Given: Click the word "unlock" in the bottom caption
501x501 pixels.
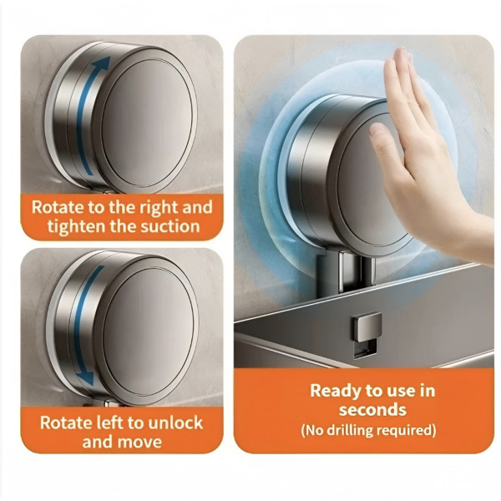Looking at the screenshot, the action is (x=175, y=423).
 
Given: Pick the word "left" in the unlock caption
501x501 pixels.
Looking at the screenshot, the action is (x=106, y=423).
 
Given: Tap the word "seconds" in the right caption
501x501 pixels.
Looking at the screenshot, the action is (x=372, y=410).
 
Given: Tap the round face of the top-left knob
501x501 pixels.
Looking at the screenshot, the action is (x=147, y=123).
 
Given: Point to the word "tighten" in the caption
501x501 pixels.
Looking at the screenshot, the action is (x=76, y=227).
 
